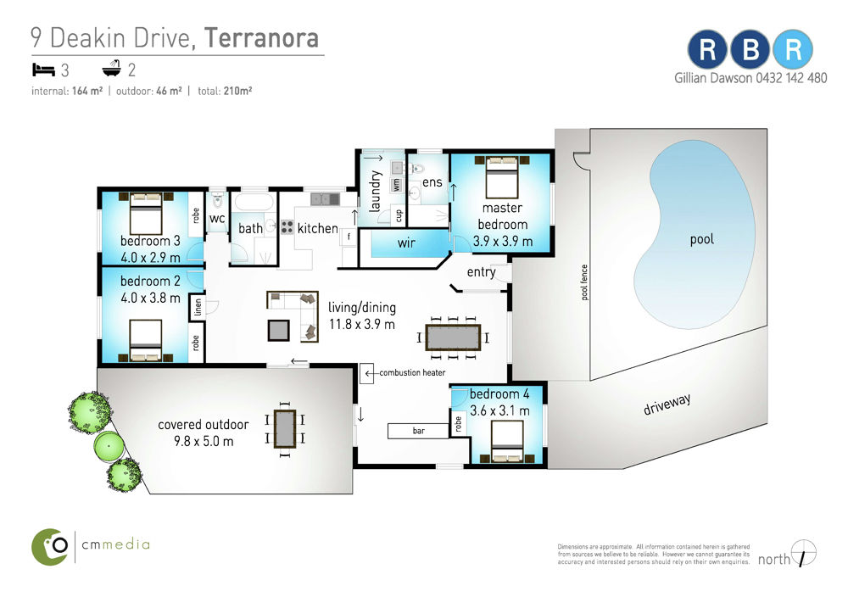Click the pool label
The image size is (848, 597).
pos(701,239)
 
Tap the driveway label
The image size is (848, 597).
pos(667,404)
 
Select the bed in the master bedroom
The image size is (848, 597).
pos(502,177)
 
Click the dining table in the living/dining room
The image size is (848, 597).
pos(453,338)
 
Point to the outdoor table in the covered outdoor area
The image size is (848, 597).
pos(284,429)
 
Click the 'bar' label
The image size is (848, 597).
pos(419,431)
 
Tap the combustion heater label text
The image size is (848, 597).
pos(412,372)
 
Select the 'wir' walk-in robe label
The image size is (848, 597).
pos(406,243)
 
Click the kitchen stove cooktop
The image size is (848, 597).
pos(287,226)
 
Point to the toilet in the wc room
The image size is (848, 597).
pos(217,201)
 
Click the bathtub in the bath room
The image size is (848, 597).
pos(254,204)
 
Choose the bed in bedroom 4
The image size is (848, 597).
pos(507,443)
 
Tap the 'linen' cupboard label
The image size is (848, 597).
pos(198,307)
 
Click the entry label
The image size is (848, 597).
pos(482,272)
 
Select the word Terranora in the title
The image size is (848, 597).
pos(262,38)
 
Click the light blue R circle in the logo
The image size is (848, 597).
pos(792,50)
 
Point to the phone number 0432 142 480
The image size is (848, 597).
pos(791,78)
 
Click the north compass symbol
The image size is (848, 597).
pos(803,553)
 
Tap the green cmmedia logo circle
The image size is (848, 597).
pos(50,547)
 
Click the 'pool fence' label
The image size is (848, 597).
pos(584,282)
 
